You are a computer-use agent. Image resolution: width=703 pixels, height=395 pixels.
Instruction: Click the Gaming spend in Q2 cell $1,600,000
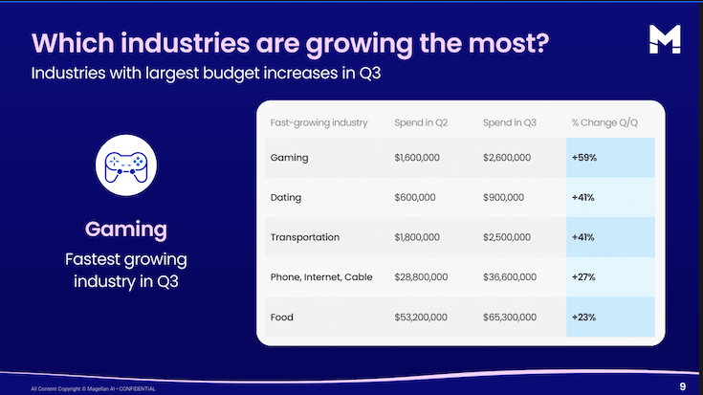coord(417,157)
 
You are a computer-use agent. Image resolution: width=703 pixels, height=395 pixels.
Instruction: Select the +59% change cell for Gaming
coord(583,157)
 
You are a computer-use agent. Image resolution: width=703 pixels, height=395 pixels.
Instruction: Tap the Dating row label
coord(286,197)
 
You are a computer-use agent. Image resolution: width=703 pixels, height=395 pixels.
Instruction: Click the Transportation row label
coord(305,236)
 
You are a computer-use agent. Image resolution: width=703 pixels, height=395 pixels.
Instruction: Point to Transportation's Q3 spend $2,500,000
coord(507,236)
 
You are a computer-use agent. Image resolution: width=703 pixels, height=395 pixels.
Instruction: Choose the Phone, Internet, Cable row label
coord(322,276)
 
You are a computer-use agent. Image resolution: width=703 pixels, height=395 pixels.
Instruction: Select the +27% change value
coord(583,276)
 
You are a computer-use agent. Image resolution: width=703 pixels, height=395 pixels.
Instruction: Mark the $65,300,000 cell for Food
coord(510,317)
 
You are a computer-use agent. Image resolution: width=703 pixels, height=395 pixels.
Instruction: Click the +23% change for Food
coord(583,317)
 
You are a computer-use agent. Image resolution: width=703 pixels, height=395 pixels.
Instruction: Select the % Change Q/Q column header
coord(604,122)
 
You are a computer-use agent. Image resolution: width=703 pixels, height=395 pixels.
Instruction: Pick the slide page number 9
coord(682,386)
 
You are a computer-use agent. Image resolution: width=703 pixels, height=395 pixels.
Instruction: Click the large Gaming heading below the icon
coord(125,230)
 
